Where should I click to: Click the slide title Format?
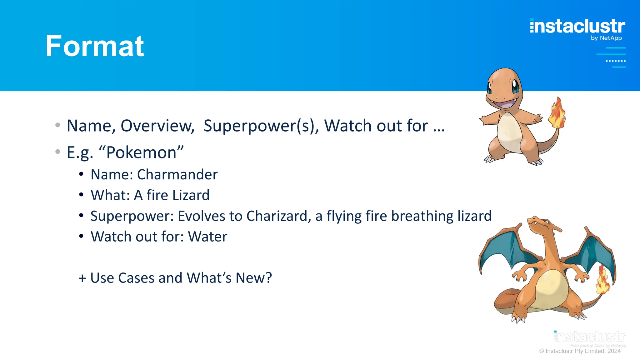pyautogui.click(x=94, y=46)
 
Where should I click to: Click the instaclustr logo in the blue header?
pyautogui.click(x=577, y=26)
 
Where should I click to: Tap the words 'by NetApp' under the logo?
pyautogui.click(x=606, y=38)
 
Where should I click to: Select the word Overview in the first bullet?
pyautogui.click(x=157, y=126)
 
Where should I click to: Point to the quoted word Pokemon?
pyautogui.click(x=141, y=152)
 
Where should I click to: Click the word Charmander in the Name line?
pyautogui.click(x=177, y=174)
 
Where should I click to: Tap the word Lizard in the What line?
pyautogui.click(x=191, y=195)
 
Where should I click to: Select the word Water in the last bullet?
pyautogui.click(x=207, y=237)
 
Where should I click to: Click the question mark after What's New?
pyautogui.click(x=268, y=278)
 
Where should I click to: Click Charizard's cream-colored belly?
pyautogui.click(x=551, y=289)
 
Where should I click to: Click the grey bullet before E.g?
pyautogui.click(x=57, y=152)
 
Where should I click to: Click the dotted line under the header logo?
pyautogui.click(x=616, y=61)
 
